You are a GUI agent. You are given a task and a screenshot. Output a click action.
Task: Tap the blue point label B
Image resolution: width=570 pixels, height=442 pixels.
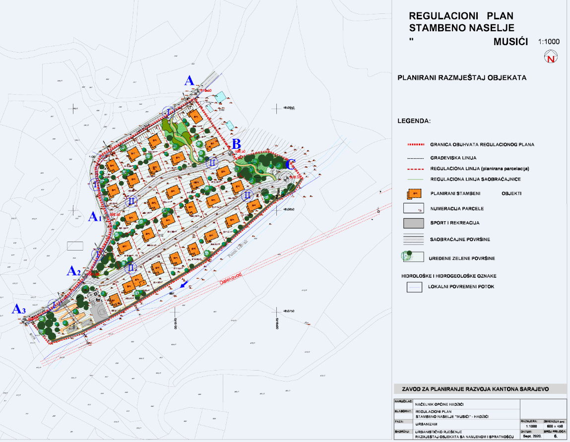[x=236, y=143]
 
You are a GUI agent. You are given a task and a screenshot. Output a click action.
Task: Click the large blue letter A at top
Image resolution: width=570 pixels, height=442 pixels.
[x=189, y=81]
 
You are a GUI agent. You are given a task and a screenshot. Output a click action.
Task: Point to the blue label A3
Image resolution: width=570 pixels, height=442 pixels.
[x=19, y=310]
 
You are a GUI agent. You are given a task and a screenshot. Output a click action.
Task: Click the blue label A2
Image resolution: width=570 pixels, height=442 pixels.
[x=74, y=271]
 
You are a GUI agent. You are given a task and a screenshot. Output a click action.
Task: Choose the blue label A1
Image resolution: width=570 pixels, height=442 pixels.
[x=94, y=217]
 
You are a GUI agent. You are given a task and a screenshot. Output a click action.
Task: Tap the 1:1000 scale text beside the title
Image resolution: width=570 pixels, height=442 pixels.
[x=548, y=42]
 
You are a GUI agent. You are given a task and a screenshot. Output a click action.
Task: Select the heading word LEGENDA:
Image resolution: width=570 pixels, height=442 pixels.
[x=414, y=121]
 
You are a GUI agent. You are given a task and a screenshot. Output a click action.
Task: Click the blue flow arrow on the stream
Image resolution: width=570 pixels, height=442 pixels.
[x=184, y=284]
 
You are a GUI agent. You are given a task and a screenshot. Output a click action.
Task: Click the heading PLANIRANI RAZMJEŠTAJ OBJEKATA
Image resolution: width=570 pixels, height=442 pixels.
[x=462, y=78]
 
